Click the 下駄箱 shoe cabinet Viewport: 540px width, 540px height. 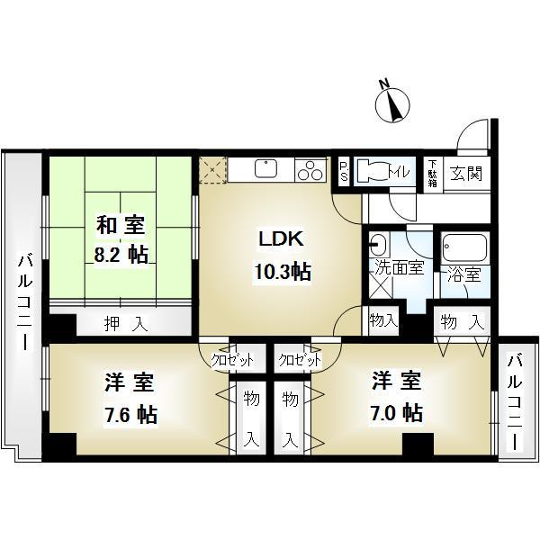[x=433, y=172]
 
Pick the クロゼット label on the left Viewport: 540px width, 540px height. [x=232, y=360]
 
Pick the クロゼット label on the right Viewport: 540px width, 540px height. [x=298, y=360]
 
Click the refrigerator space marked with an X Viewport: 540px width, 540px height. [x=213, y=170]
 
